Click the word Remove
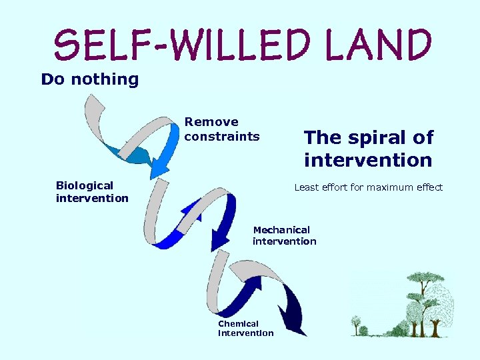coord(211,122)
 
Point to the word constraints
coord(222,137)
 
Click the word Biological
coord(85,185)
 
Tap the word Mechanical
coord(281,229)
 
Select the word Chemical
coord(238,323)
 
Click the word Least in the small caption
coord(307,187)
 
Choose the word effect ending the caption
coord(427,187)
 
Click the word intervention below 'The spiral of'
coord(368,161)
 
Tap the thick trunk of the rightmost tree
coord(436,327)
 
